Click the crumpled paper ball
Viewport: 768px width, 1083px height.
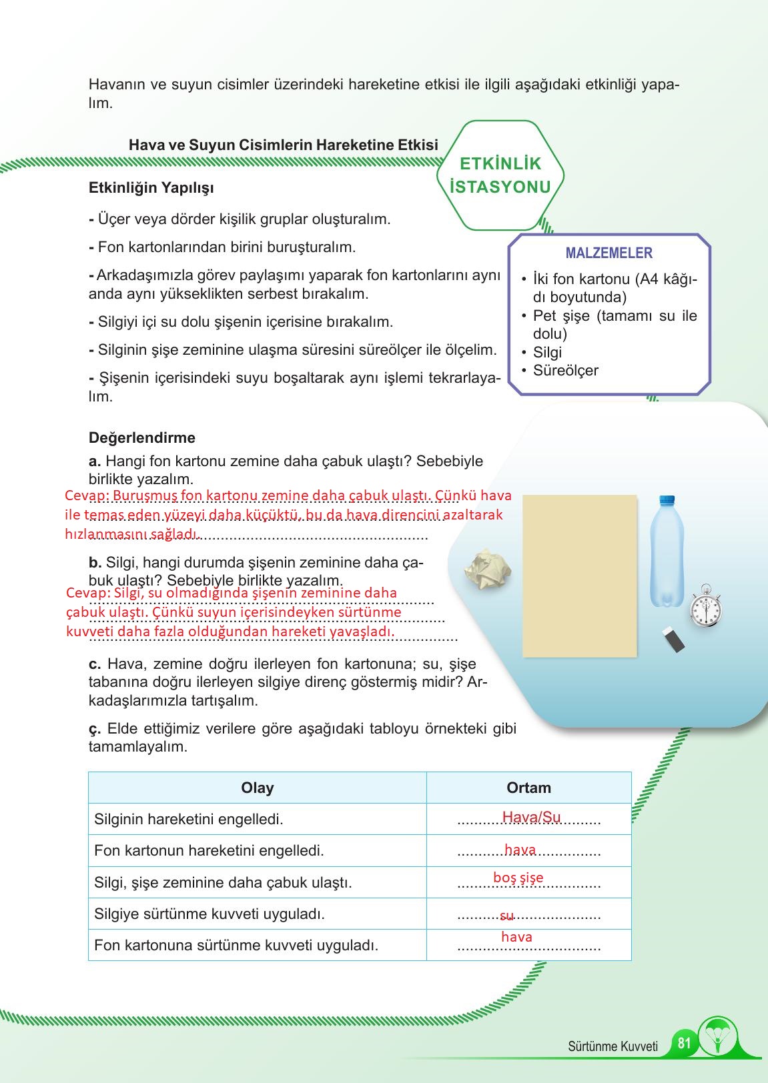tap(489, 570)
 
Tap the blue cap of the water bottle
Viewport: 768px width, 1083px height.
tap(667, 500)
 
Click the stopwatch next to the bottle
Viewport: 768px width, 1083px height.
tap(705, 607)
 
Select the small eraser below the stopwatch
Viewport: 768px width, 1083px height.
tap(674, 640)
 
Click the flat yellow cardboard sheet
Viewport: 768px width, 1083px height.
tap(579, 576)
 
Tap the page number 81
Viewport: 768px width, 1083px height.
tap(684, 1042)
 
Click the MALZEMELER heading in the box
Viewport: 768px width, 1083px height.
tap(609, 253)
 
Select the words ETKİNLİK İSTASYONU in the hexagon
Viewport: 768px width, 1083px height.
tap(500, 175)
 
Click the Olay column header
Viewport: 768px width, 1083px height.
tap(257, 788)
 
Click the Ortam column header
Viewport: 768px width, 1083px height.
tap(528, 788)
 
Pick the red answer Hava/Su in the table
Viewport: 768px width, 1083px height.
tap(531, 817)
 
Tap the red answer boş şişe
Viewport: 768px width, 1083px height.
tap(518, 878)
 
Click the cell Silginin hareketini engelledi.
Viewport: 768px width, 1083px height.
tap(189, 819)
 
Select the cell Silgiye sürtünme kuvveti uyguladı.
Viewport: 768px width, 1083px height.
tap(210, 914)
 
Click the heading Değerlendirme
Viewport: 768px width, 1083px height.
tap(142, 438)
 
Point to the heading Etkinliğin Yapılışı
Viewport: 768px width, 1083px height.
tap(151, 188)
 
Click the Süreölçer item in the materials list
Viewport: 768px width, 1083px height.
tap(565, 371)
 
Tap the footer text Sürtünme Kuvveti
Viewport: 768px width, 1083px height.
tap(613, 1046)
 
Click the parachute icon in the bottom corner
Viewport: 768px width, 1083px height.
tap(719, 1038)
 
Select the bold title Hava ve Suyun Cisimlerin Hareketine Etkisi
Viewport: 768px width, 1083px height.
tap(283, 145)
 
